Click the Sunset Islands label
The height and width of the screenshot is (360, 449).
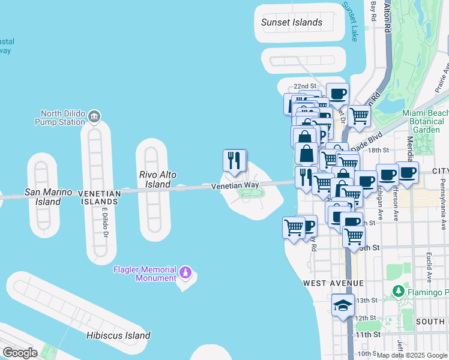(x=292, y=23)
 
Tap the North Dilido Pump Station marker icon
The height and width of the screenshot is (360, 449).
(x=94, y=115)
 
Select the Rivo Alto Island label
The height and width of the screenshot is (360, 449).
(x=158, y=179)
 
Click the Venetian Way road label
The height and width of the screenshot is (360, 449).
(x=234, y=187)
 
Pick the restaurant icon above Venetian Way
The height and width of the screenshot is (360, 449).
(x=235, y=160)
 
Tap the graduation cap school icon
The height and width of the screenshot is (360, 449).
(x=343, y=305)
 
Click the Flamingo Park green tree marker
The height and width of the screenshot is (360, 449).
(x=397, y=292)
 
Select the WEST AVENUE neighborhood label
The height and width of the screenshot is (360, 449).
(x=333, y=283)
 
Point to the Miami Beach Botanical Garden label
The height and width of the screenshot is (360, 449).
(x=425, y=121)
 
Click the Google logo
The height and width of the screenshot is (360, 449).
(x=20, y=353)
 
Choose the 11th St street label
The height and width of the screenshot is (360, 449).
(x=367, y=334)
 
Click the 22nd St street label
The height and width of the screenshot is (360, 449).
(x=305, y=86)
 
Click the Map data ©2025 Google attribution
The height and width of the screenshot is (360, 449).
(x=412, y=355)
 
